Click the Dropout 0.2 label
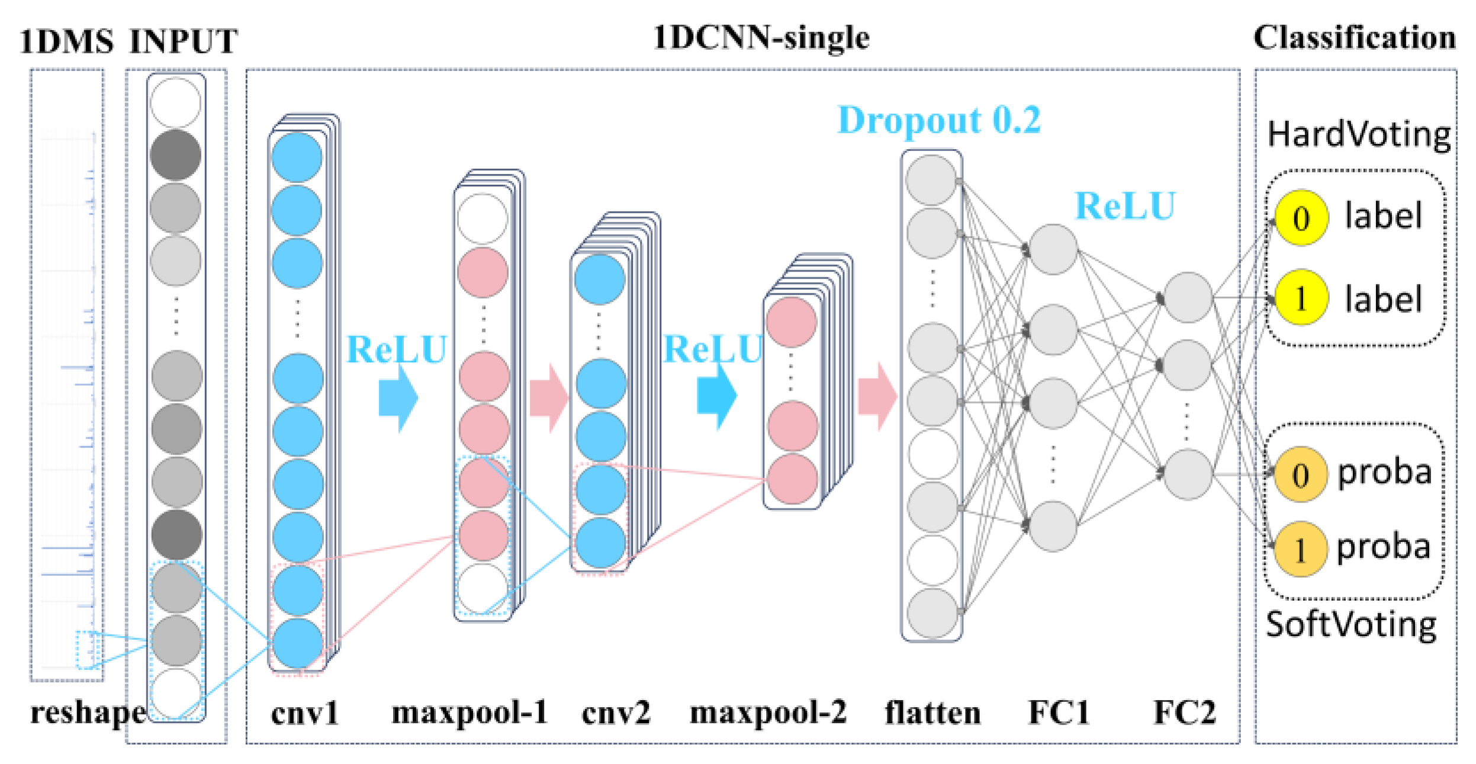click(938, 120)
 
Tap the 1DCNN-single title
click(761, 38)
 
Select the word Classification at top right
click(1354, 38)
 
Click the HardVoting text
click(1358, 135)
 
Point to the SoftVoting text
click(1350, 625)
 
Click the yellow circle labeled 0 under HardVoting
click(1300, 218)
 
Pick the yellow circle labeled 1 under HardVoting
click(1300, 298)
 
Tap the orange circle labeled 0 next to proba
click(1300, 474)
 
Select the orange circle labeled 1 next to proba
click(1300, 549)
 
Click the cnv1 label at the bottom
click(304, 713)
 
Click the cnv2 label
click(616, 713)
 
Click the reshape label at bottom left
click(88, 713)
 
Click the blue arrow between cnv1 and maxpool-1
click(398, 398)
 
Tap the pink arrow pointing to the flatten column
click(877, 396)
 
